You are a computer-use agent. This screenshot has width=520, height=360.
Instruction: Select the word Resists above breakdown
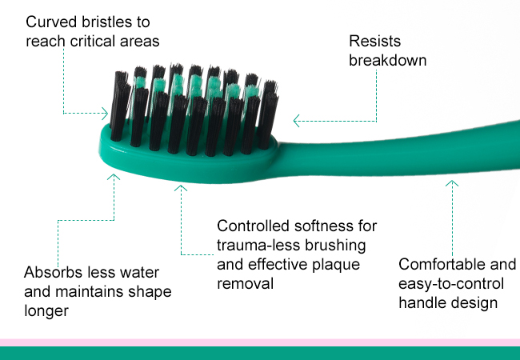point(374,42)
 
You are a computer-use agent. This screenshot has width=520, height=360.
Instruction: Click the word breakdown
point(388,61)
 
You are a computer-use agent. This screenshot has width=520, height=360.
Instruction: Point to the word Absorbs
point(50,273)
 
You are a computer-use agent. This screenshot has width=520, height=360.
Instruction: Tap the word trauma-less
point(258,246)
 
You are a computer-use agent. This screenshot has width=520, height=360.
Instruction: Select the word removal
point(246,284)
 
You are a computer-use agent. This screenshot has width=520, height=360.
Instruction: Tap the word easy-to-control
point(451,284)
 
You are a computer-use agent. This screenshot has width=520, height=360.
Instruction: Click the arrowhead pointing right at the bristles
point(105,114)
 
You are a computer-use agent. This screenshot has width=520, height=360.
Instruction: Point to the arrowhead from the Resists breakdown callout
point(297,121)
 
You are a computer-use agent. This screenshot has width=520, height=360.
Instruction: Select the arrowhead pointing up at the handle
point(452,183)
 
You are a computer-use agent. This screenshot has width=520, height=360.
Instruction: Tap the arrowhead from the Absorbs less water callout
point(114,177)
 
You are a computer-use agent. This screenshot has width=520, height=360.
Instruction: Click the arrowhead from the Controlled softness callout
point(181,188)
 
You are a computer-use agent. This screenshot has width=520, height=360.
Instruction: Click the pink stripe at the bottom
point(260,342)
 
